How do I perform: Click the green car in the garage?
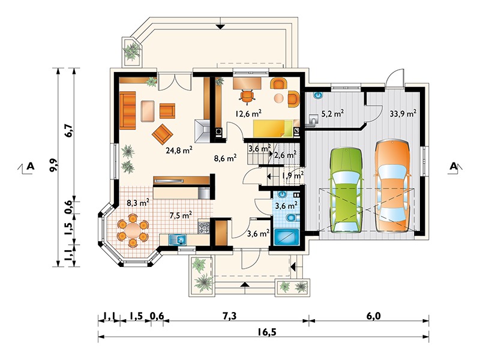[x=346, y=190]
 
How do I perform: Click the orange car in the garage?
[x=392, y=185]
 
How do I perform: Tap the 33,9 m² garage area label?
[x=403, y=113]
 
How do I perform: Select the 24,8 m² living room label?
[x=179, y=151]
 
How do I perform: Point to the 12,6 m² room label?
[x=248, y=113]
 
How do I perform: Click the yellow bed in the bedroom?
[x=273, y=128]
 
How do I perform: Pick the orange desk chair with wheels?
[x=247, y=96]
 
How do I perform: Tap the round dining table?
[x=133, y=230]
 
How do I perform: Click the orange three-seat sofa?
[x=127, y=110]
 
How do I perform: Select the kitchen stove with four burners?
[x=204, y=227]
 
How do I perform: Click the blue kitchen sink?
[x=177, y=239]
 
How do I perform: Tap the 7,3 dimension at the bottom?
[x=229, y=316]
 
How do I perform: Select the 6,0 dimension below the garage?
[x=373, y=316]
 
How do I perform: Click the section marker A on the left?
[x=30, y=166]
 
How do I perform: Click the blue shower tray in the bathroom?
[x=286, y=237]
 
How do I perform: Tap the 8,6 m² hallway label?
[x=225, y=158]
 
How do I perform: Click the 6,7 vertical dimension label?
[x=69, y=130]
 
